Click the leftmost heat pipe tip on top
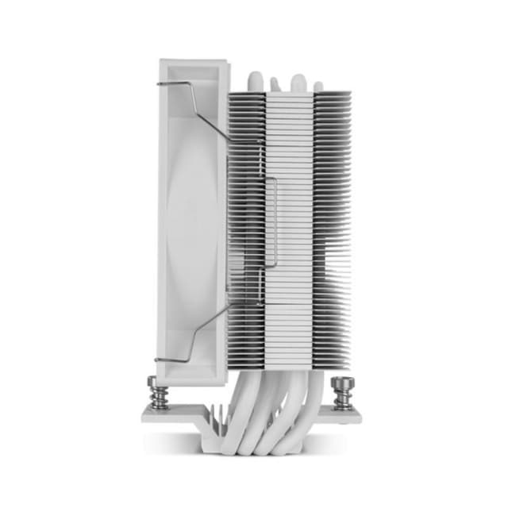255,80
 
